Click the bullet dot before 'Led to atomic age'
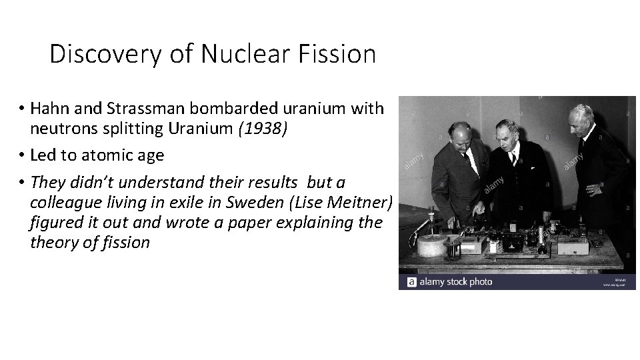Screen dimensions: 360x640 coord(23,155)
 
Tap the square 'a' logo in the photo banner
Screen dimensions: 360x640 coord(411,282)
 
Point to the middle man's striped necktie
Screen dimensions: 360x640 coord(514,159)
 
